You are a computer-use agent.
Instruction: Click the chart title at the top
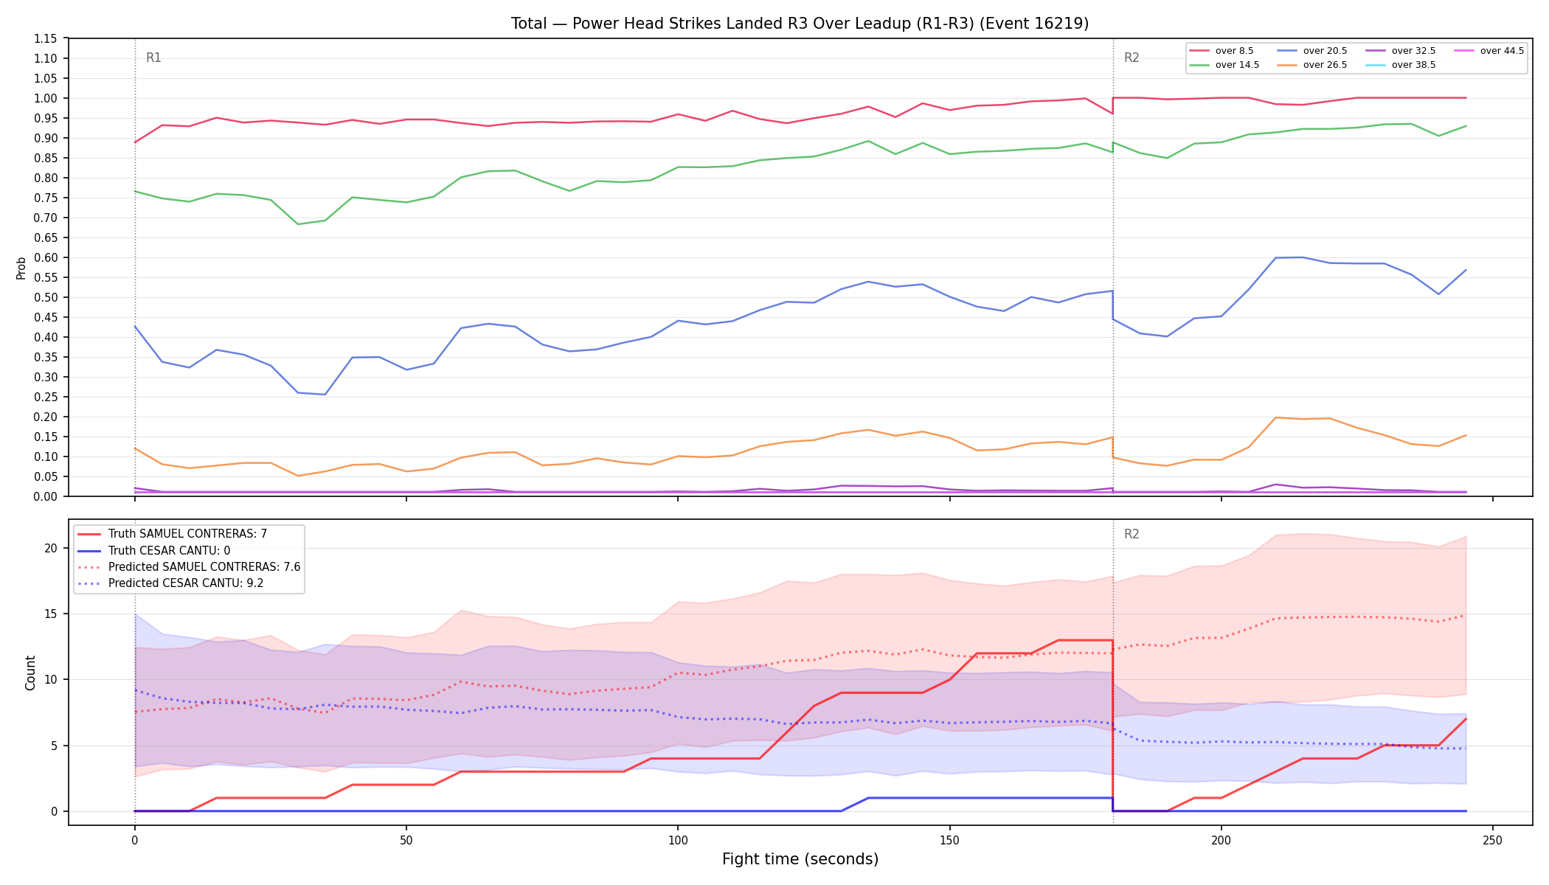[800, 24]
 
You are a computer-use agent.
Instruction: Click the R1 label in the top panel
[153, 58]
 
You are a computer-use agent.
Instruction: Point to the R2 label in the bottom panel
[1132, 534]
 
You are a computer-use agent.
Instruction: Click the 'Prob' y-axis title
[21, 268]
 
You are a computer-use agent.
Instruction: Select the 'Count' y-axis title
[30, 673]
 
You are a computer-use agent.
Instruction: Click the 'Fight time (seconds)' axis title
[800, 859]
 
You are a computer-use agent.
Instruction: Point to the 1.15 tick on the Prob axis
[46, 38]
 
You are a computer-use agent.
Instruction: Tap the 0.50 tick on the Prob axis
[46, 297]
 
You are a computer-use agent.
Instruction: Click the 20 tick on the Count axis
[51, 548]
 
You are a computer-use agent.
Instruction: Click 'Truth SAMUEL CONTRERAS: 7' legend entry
[187, 534]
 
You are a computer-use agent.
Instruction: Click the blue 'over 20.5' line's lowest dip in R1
[325, 395]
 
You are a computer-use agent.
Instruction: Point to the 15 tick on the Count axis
[51, 614]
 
